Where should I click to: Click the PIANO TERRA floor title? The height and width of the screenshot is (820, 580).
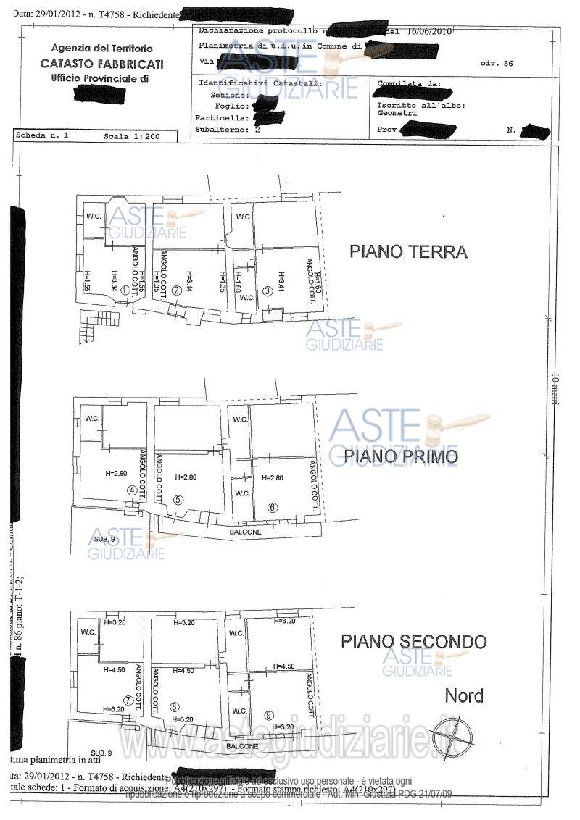click(408, 252)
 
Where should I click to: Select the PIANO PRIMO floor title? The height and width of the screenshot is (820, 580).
click(400, 456)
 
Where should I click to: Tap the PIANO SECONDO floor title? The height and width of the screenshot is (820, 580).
click(414, 641)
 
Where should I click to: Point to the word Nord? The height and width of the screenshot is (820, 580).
click(464, 697)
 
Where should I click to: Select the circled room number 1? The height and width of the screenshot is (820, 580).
click(125, 290)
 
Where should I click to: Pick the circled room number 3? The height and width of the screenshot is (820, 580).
click(268, 290)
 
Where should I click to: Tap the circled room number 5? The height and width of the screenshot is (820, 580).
click(178, 499)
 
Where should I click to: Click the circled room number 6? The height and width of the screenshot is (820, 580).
click(273, 507)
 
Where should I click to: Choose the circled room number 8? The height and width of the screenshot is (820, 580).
click(174, 707)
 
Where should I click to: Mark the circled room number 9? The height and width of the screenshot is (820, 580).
click(269, 715)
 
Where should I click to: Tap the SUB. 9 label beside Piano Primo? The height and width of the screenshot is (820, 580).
click(102, 540)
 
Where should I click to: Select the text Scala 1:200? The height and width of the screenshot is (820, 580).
click(128, 136)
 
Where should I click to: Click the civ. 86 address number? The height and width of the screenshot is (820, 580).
click(497, 64)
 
